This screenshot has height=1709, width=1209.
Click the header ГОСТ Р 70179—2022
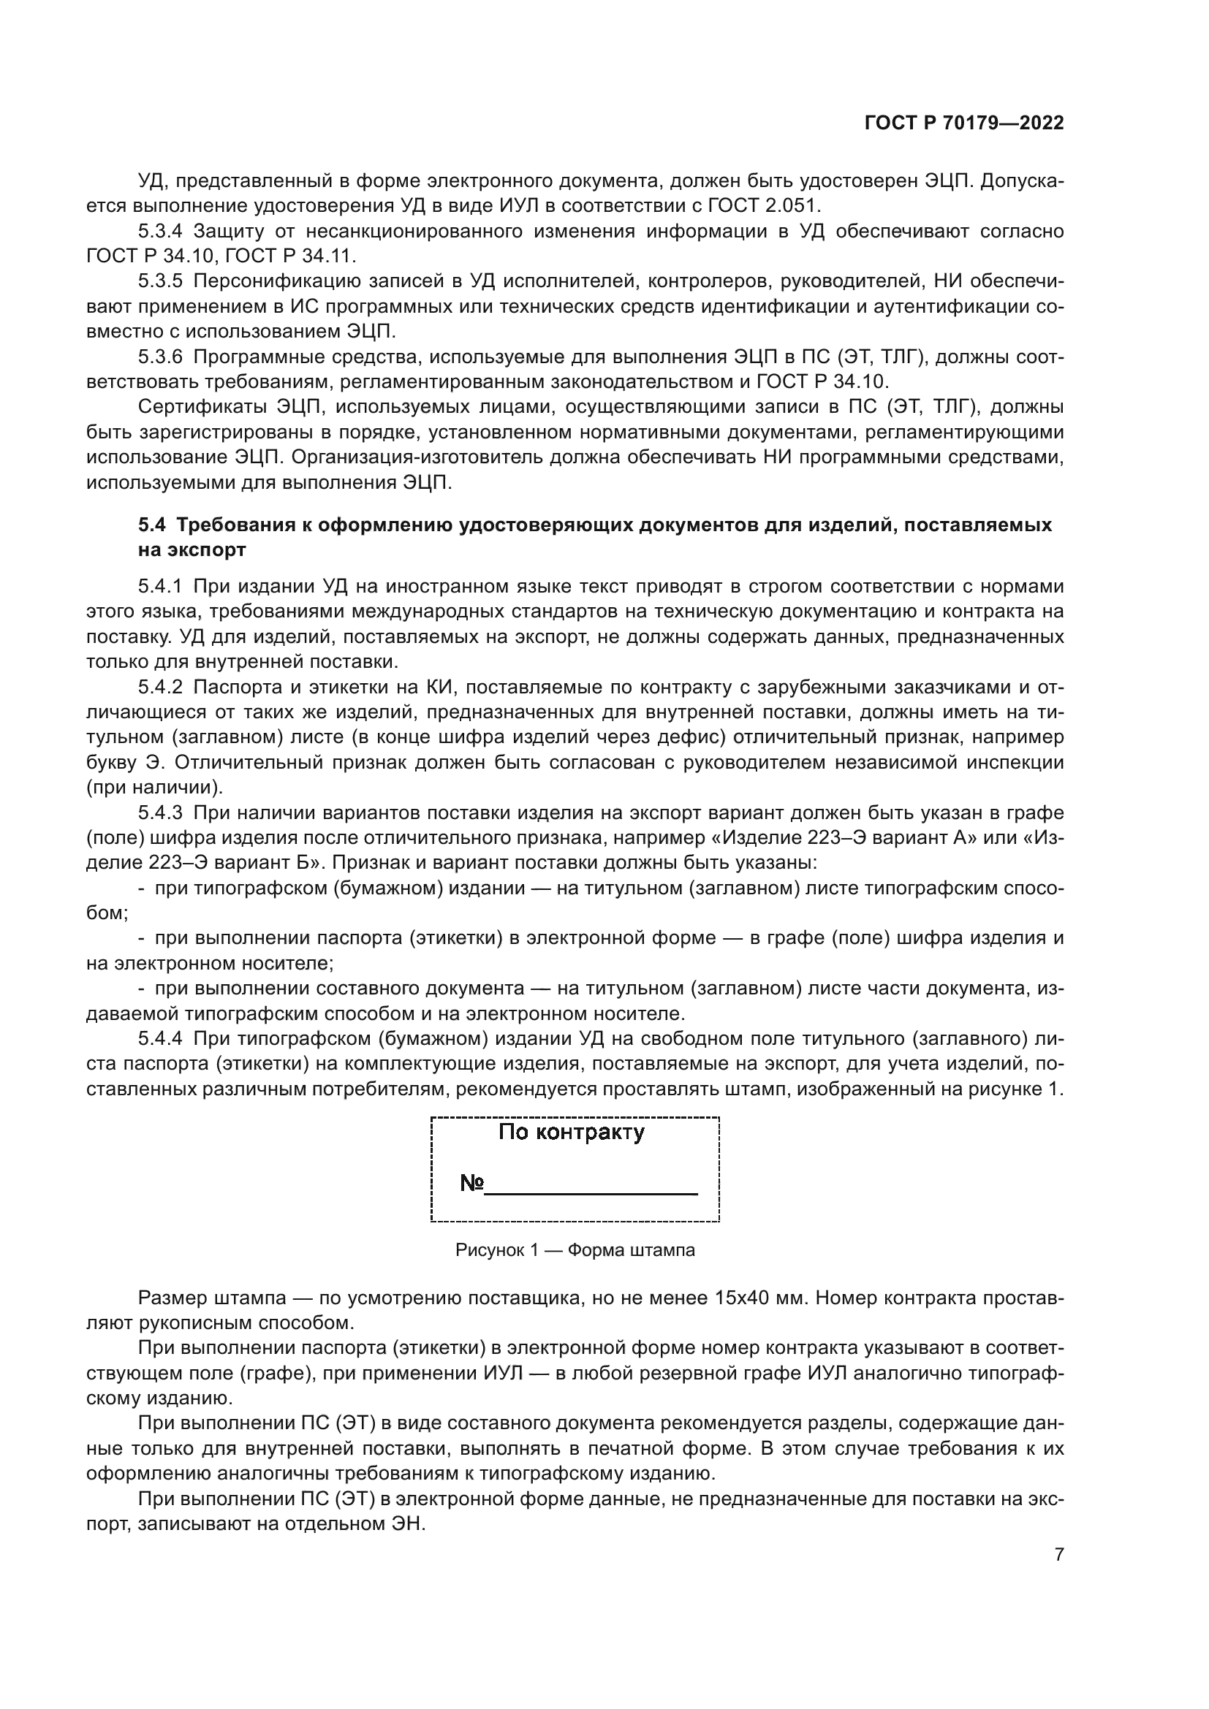coord(963,123)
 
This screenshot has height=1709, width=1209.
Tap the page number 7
coord(1058,1554)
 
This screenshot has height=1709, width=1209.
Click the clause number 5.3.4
coord(159,232)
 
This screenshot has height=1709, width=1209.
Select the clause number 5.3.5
coord(159,281)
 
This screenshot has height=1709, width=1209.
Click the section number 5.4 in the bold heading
coord(151,525)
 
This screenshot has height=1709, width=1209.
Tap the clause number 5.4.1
coord(159,587)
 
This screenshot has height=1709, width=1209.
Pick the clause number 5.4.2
coord(159,686)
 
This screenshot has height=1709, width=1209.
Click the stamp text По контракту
coord(571,1133)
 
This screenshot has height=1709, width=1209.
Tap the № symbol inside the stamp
coord(472,1183)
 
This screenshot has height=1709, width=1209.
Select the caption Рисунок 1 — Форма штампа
coord(575,1250)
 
